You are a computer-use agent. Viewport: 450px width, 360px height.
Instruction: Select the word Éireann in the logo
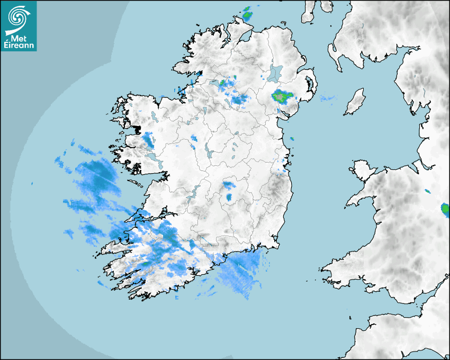click(19, 46)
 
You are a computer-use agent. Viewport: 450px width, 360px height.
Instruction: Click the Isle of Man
click(355, 102)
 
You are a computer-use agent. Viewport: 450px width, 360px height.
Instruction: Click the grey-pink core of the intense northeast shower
click(279, 96)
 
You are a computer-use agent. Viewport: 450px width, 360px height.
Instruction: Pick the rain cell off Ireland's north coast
click(247, 14)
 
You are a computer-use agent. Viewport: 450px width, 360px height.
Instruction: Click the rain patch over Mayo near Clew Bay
click(148, 140)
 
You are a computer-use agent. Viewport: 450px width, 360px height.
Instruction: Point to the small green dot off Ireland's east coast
click(292, 139)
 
